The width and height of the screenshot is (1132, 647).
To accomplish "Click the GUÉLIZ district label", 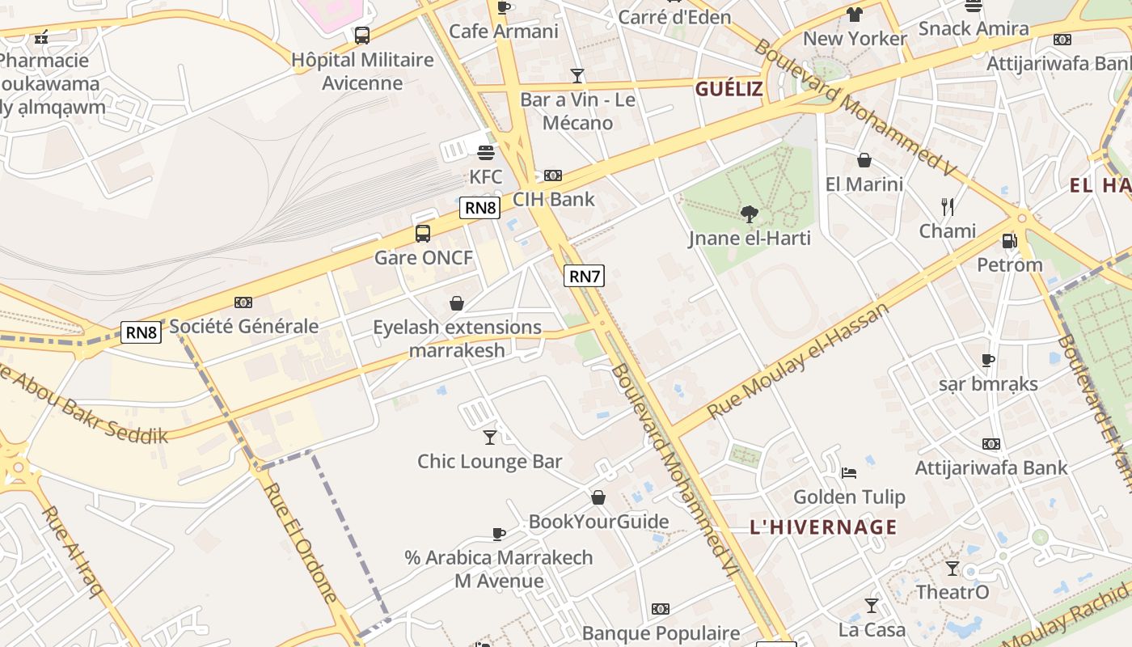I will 729,89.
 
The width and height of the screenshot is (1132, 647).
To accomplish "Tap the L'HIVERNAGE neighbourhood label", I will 823,527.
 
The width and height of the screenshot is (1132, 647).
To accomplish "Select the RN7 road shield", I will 584,276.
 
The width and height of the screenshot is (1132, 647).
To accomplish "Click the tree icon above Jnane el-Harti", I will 750,214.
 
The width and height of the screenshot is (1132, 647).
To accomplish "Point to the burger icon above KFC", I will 486,153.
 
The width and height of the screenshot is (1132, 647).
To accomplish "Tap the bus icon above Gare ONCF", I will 422,234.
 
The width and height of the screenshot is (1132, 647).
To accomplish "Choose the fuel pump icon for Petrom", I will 1009,241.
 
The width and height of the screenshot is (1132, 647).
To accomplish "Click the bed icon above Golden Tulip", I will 848,472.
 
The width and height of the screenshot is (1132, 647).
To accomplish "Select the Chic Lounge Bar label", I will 489,461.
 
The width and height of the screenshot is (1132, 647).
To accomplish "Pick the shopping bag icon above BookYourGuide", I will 598,497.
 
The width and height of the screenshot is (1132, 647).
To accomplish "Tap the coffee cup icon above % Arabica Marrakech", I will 499,534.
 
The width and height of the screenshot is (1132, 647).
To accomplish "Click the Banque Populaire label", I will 661,632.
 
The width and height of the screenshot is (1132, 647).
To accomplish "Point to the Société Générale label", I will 243,327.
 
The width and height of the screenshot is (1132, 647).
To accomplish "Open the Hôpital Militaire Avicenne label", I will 362,71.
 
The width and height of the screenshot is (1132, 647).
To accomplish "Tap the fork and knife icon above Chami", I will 948,207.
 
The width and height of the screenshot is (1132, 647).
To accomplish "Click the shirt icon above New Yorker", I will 855,15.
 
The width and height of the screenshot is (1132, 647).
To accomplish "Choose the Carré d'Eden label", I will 674,17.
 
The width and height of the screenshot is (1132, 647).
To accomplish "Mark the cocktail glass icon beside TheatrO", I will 952,569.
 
